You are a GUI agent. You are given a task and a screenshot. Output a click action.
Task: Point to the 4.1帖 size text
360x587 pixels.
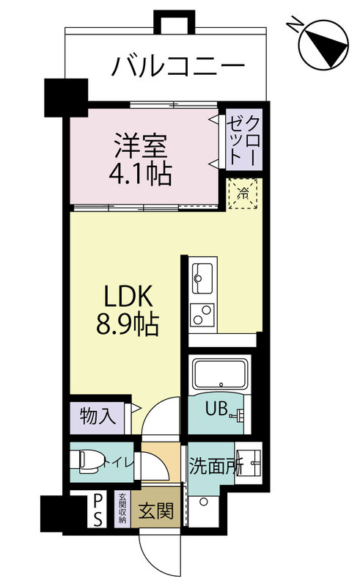tap(142, 175)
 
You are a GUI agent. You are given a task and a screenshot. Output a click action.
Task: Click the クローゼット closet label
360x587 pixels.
tap(242, 139)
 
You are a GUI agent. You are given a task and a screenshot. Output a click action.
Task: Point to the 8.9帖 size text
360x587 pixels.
tap(126, 323)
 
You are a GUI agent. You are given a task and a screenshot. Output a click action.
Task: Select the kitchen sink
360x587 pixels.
tap(203, 277)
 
